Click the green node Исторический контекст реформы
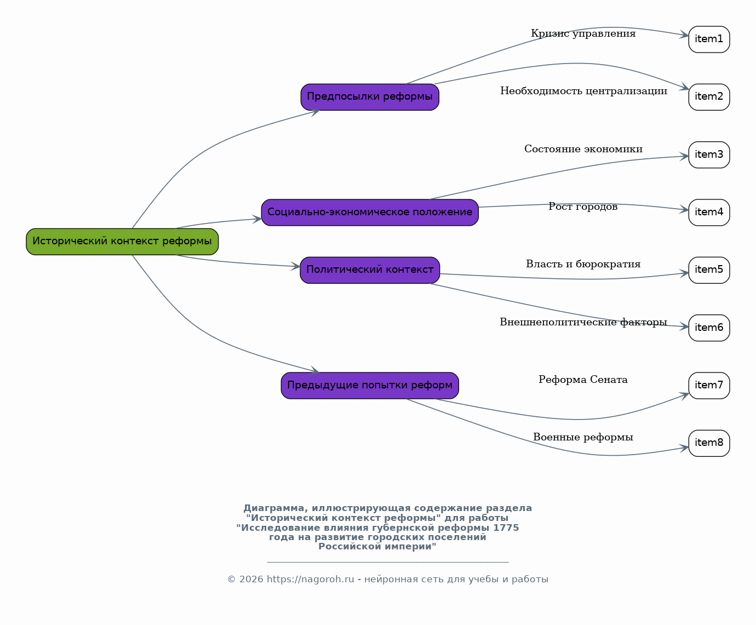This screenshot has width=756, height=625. [x=122, y=242]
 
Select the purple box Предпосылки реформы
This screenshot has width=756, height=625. [x=370, y=97]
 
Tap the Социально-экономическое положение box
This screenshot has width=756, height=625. [x=370, y=212]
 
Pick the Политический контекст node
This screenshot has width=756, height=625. [x=370, y=270]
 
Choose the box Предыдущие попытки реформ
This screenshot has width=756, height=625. [x=370, y=385]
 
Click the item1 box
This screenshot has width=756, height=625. [x=709, y=39]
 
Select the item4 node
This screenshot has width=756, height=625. [x=709, y=212]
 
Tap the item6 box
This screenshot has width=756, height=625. [x=709, y=328]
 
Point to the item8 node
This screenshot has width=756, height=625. [x=709, y=443]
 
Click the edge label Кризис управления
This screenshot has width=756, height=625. [x=583, y=33]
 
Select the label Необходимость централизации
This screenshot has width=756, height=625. [x=583, y=91]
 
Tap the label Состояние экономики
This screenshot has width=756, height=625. [x=583, y=149]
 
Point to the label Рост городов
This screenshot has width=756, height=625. [x=583, y=207]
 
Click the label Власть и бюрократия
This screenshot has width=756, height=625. [x=583, y=264]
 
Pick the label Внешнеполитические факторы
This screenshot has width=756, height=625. [x=583, y=322]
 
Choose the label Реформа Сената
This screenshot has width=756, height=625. [x=583, y=380]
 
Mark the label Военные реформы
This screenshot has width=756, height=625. [x=583, y=437]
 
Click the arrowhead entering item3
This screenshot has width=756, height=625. [x=684, y=157]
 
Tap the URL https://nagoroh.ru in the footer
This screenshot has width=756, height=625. [x=310, y=580]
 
